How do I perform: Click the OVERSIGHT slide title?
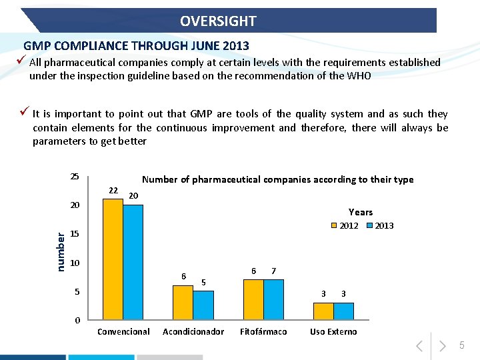pos(218,21)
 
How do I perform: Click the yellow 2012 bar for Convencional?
pos(113,259)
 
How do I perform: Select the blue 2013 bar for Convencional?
pos(133,262)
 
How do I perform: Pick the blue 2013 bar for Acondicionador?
pos(203,305)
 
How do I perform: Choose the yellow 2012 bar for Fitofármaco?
pos(253,299)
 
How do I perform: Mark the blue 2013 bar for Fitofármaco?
pos(274,299)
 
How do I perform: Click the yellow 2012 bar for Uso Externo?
pos(323,311)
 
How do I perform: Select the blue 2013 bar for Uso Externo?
pos(343,311)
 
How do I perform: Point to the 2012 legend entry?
pos(345,226)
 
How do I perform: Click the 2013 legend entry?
pos(380,226)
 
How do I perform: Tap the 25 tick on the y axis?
pos(75,177)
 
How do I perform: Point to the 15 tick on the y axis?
pos(75,235)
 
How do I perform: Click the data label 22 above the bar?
pos(113,191)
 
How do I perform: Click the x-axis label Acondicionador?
pos(193,332)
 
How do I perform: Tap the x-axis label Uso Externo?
pos(333,332)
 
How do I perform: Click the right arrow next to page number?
pos(441,345)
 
